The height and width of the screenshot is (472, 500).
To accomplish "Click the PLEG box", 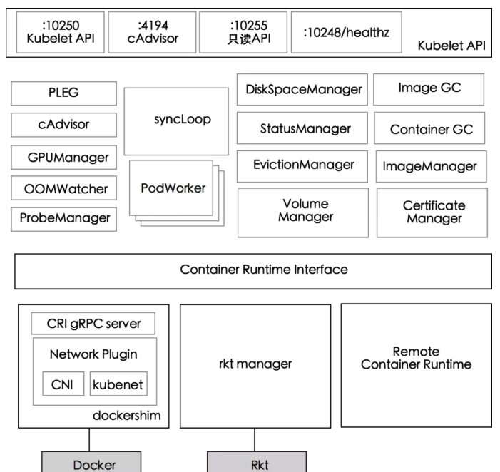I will [x=64, y=93].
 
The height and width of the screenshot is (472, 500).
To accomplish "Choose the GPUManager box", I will [x=64, y=157].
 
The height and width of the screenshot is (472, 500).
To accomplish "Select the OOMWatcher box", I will [x=64, y=189].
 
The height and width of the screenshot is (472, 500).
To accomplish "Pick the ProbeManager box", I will [x=64, y=219].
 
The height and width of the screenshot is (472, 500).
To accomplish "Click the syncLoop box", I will [x=173, y=120].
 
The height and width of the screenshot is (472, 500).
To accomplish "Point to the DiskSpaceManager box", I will [x=302, y=90].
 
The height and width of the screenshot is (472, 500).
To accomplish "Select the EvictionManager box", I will [x=302, y=165].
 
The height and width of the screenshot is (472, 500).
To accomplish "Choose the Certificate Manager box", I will [x=432, y=212].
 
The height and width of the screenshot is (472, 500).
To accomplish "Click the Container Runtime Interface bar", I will [x=253, y=270].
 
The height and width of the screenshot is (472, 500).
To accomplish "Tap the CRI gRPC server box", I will [x=95, y=325].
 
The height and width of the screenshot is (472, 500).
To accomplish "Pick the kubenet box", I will [x=118, y=386].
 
